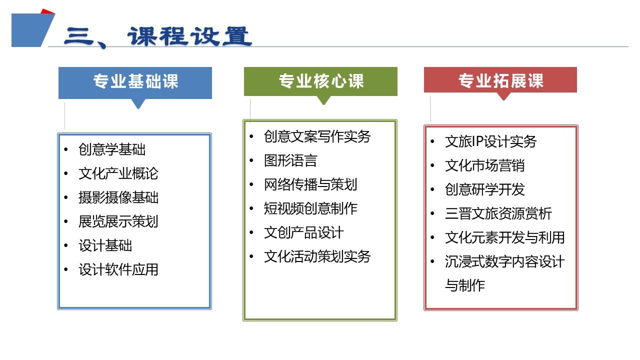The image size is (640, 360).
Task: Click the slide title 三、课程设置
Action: (158, 37)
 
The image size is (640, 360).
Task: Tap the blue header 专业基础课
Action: (135, 81)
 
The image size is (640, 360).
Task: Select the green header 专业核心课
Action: (321, 81)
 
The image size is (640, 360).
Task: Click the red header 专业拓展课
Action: (501, 80)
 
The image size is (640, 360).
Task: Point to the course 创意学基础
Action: (112, 149)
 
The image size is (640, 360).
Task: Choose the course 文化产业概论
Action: (118, 173)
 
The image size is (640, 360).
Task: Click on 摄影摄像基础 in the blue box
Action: (118, 197)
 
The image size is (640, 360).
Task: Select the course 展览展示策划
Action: (118, 221)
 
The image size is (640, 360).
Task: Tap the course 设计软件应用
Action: (118, 269)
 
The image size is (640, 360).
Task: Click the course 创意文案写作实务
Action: (317, 136)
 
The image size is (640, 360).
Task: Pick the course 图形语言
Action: (290, 160)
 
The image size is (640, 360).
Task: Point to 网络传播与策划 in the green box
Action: (310, 184)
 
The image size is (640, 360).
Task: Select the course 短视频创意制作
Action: (310, 208)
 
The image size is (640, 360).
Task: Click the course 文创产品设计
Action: (303, 232)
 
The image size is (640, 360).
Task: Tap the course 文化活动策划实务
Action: (317, 256)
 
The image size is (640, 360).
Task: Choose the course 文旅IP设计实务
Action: (490, 141)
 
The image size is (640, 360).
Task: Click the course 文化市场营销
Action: (484, 165)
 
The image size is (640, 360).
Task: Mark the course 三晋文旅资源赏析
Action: (498, 213)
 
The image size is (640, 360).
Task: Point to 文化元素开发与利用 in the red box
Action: (505, 237)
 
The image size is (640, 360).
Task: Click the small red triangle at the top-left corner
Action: (47, 11)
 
